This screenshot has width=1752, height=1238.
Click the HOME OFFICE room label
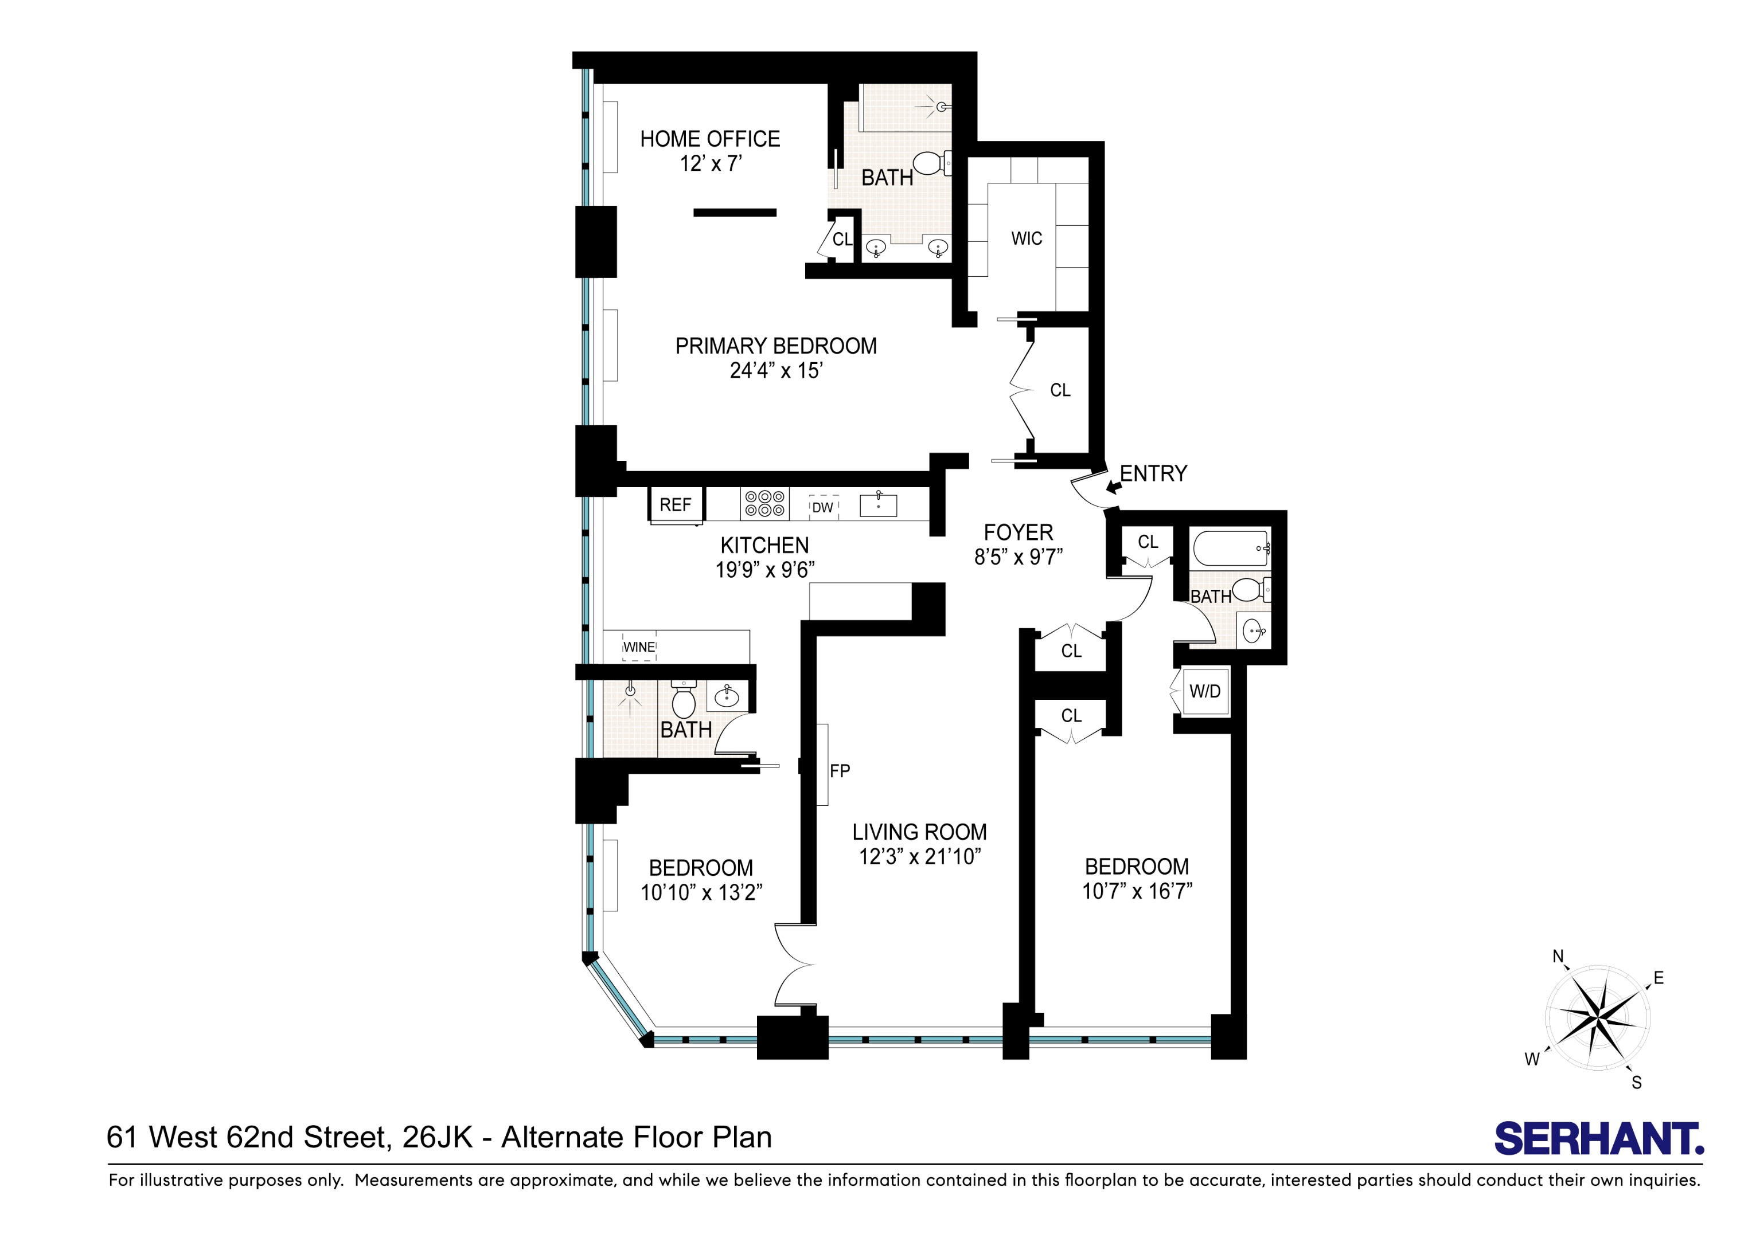709,139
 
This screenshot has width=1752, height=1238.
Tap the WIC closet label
1027,239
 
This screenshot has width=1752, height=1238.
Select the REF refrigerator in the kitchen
676,505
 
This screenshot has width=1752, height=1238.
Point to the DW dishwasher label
822,508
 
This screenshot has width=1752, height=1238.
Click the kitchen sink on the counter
878,506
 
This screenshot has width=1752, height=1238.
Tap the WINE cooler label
639,648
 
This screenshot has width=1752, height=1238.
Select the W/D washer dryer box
1205,692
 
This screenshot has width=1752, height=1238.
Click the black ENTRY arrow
1113,486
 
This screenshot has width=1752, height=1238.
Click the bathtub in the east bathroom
1231,548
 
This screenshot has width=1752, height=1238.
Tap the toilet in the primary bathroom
930,163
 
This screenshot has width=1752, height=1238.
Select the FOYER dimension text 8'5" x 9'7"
1018,558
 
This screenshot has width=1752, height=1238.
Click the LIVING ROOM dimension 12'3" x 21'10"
919,857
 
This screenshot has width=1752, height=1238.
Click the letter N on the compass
1558,957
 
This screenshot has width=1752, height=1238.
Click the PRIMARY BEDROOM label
776,346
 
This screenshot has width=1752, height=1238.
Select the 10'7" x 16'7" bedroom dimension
1137,891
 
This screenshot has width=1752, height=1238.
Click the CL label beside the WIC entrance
1060,390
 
